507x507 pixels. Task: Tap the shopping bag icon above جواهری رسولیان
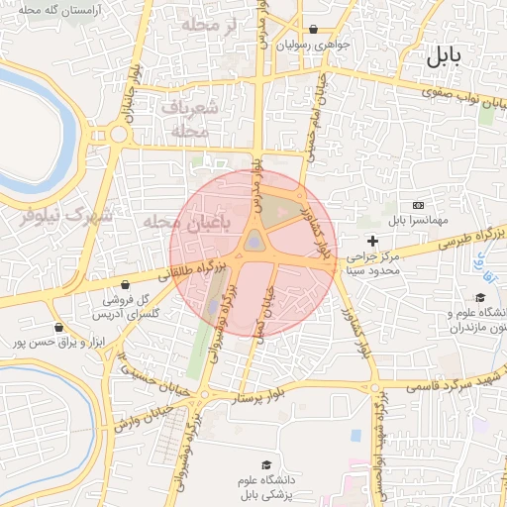314,29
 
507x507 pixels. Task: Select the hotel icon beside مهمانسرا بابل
418,204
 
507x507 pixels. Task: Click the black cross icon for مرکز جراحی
372,241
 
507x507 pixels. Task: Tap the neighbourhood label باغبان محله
186,222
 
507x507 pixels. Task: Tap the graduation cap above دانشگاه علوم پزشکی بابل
265,464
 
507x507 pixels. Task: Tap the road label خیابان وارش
136,416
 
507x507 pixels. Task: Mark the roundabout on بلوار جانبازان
119,135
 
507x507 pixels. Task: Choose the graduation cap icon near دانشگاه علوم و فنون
480,298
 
